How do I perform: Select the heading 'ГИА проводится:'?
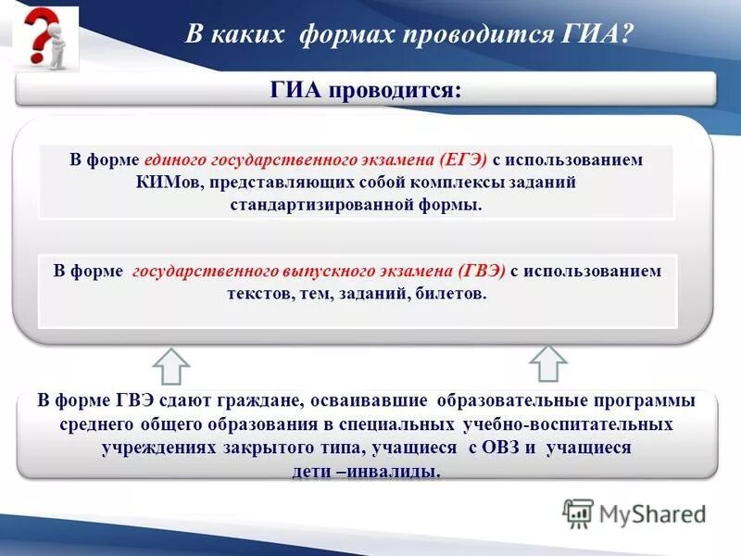point(365,90)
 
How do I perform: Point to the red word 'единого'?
point(170,159)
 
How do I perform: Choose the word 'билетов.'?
point(451,293)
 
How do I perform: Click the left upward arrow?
point(170,366)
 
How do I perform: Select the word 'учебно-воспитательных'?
point(566,424)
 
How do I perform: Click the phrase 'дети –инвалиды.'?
point(367,471)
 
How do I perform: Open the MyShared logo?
point(635,512)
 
